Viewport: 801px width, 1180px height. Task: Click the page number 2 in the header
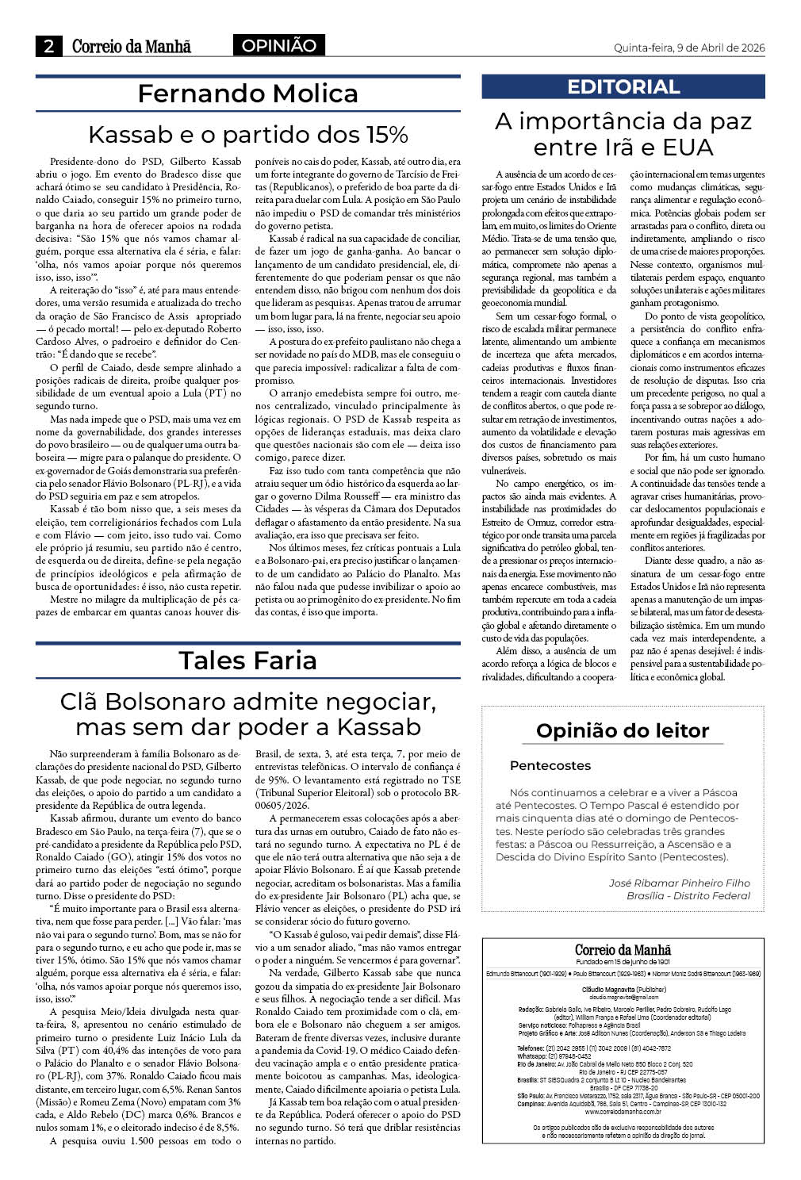tap(49, 47)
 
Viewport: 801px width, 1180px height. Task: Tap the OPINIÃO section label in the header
tap(278, 46)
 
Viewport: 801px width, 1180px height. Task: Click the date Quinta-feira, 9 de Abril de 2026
tap(689, 48)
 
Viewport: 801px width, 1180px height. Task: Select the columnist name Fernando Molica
tap(247, 94)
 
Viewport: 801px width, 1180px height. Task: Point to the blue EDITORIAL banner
tap(623, 87)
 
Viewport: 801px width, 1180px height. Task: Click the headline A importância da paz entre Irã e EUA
tap(623, 134)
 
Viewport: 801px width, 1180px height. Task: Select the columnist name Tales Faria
tap(247, 660)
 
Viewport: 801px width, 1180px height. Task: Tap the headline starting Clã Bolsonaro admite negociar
tap(247, 714)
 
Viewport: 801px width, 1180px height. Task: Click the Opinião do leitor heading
tap(623, 730)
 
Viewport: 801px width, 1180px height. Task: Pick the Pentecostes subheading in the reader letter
tap(550, 766)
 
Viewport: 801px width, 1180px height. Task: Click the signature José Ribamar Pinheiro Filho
tap(679, 883)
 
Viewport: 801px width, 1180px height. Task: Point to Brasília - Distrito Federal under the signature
tap(688, 896)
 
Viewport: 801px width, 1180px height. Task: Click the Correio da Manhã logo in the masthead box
tap(623, 950)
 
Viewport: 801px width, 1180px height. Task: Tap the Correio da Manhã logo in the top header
tap(132, 47)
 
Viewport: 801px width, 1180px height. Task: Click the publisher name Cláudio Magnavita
tap(623, 990)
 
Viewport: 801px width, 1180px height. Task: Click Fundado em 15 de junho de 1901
tap(623, 962)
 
